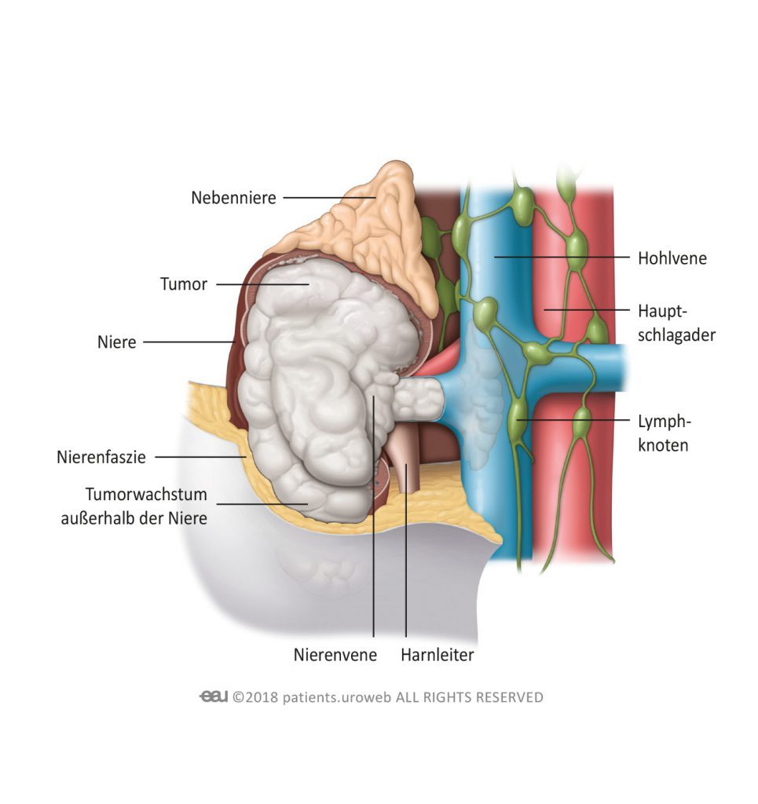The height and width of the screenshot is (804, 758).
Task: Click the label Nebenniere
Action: tap(233, 197)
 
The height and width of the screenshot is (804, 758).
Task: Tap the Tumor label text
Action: tap(184, 283)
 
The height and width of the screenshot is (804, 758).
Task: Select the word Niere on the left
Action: tap(117, 342)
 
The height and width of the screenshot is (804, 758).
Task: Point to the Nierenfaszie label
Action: tap(101, 457)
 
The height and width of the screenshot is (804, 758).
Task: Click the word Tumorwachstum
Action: tap(146, 495)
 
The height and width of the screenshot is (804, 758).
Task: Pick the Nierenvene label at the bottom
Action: tap(335, 655)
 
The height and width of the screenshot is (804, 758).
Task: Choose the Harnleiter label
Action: tap(438, 655)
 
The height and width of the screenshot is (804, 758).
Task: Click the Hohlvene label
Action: tap(672, 258)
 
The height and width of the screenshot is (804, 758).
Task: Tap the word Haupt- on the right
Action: tap(662, 311)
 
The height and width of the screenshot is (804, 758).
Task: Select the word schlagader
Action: tap(676, 335)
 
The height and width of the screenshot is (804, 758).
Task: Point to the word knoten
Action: tap(663, 445)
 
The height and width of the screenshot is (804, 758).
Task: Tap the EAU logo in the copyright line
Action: tap(214, 696)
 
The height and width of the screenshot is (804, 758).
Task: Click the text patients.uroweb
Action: tap(337, 697)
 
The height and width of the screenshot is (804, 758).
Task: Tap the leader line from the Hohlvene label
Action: tap(562, 257)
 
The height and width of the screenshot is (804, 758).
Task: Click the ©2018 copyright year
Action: tap(254, 697)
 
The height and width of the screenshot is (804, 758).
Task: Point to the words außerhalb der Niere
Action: tap(134, 518)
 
